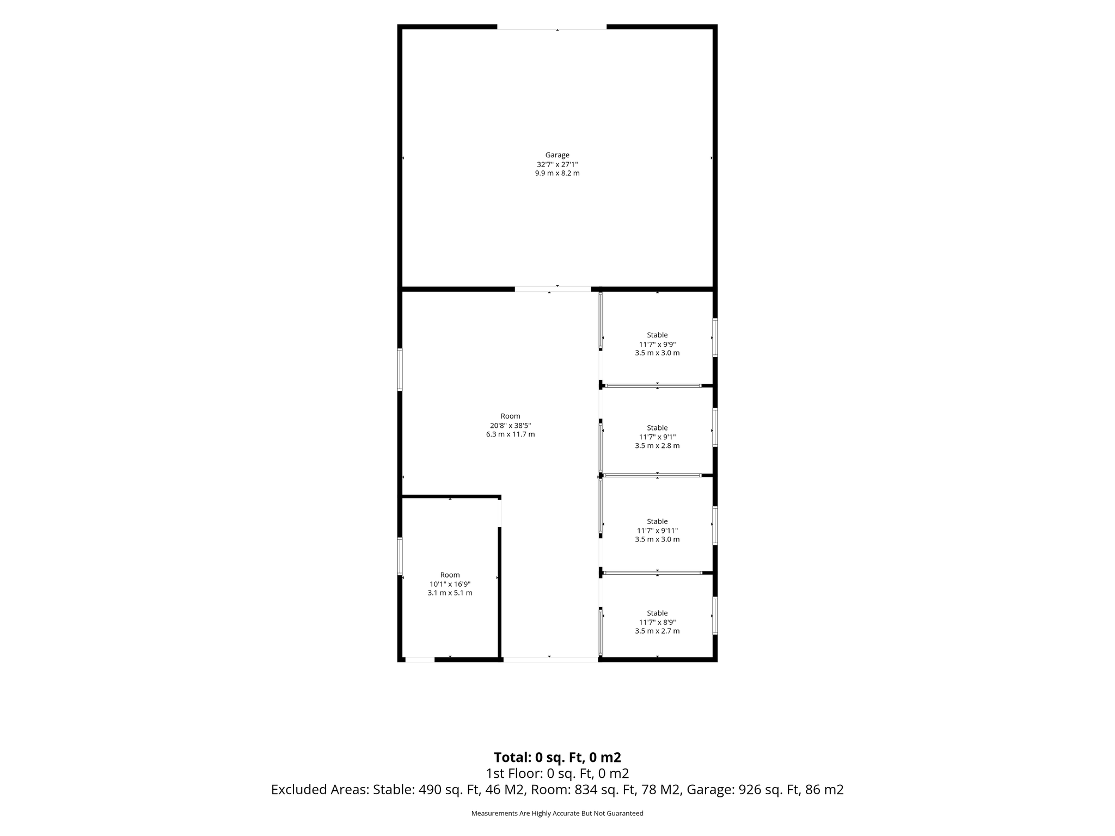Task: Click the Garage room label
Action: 557,155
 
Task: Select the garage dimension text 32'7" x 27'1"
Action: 557,164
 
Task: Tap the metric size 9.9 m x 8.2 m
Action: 557,173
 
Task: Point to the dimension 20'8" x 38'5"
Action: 510,426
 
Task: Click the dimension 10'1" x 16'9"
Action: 450,584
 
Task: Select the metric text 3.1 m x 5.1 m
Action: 450,593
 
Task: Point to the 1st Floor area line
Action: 557,773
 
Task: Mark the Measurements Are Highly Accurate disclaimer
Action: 557,813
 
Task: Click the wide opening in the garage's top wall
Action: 552,27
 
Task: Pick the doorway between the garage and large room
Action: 553,289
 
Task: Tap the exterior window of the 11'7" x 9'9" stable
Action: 715,338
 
